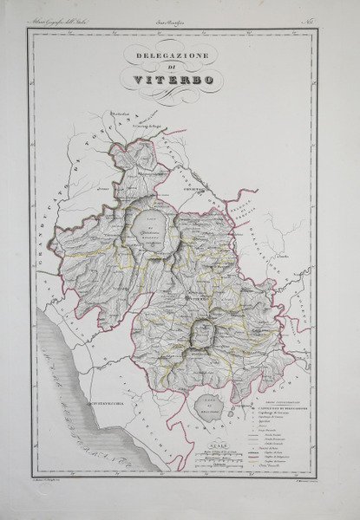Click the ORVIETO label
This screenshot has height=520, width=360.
(193, 188)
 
